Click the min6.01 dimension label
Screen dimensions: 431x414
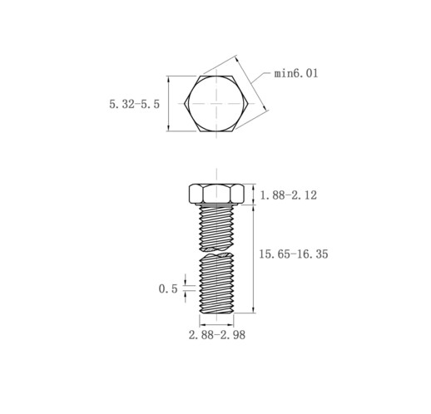[296, 73]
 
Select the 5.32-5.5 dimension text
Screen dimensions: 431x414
[135, 104]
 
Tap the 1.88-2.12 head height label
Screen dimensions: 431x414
[288, 195]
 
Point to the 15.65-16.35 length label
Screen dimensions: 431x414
[294, 254]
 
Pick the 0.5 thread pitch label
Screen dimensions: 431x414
[168, 289]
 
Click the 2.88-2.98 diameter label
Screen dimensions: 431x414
[217, 335]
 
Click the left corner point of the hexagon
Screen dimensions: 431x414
[184, 104]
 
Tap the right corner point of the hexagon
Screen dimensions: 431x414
[248, 104]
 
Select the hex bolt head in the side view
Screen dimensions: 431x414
[216, 194]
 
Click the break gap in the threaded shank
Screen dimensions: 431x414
[216, 250]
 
